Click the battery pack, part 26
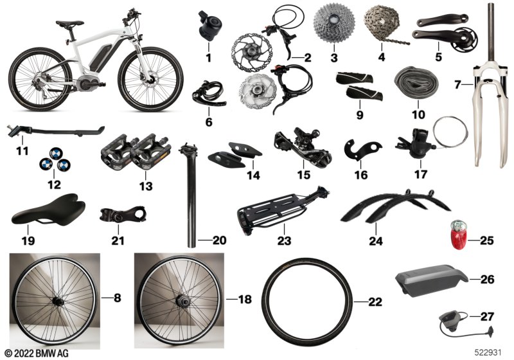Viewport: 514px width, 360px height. click(429, 281)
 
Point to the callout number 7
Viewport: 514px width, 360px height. click(458, 84)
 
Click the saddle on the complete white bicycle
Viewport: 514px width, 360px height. click(66, 24)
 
